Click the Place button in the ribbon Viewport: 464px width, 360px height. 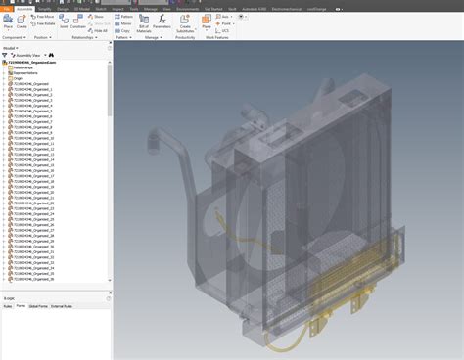click(x=9, y=22)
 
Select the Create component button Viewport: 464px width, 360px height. click(x=22, y=22)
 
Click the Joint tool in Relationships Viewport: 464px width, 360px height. click(x=65, y=22)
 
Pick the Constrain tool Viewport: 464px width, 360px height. click(x=78, y=22)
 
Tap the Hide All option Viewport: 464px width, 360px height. click(x=98, y=30)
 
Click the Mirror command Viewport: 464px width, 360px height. click(x=125, y=23)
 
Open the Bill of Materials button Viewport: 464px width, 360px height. click(x=144, y=22)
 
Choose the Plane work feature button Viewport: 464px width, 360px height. click(x=207, y=22)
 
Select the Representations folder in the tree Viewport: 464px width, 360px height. click(x=23, y=73)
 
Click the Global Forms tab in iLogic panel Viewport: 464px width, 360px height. click(x=38, y=306)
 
